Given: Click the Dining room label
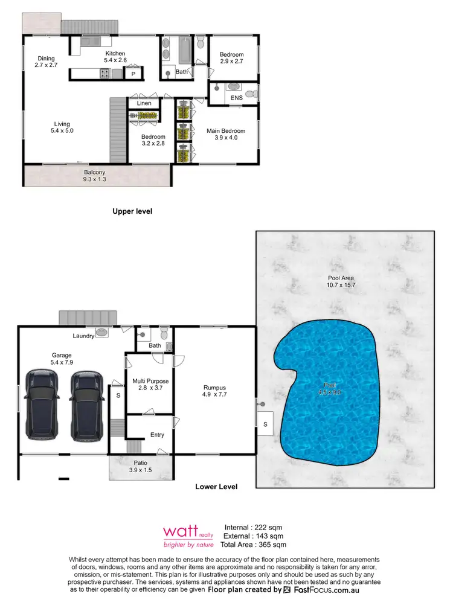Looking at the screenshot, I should pos(45,62).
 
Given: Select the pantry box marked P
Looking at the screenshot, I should pos(132,74).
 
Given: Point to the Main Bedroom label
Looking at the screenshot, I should pos(226,134).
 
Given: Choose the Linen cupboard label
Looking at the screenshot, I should pos(144,103).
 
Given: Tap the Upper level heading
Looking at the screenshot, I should pos(132,211).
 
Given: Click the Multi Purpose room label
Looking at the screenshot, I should pos(150,385).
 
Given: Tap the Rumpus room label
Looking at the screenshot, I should pos(216,389).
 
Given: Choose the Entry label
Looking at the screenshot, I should pos(157,435).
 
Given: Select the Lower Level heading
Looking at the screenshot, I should pos(216,487).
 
